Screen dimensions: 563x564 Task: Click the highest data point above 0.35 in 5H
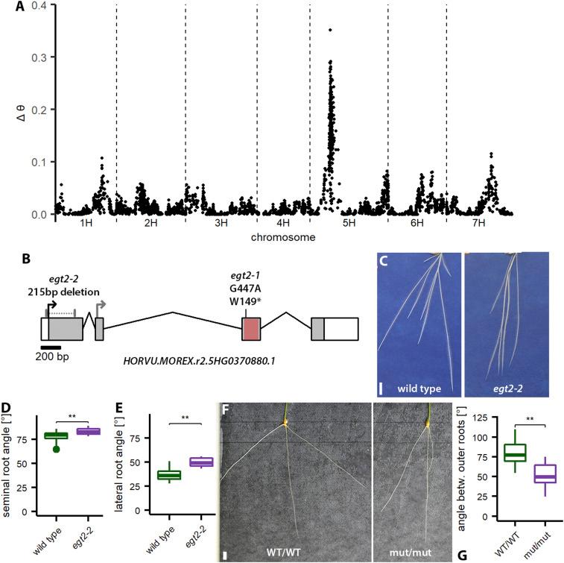pos(329,30)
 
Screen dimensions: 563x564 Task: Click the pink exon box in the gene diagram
pos(251,329)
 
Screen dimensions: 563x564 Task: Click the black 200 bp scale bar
pos(51,346)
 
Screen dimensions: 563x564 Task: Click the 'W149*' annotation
pos(250,303)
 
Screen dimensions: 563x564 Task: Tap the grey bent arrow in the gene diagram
pos(102,305)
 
